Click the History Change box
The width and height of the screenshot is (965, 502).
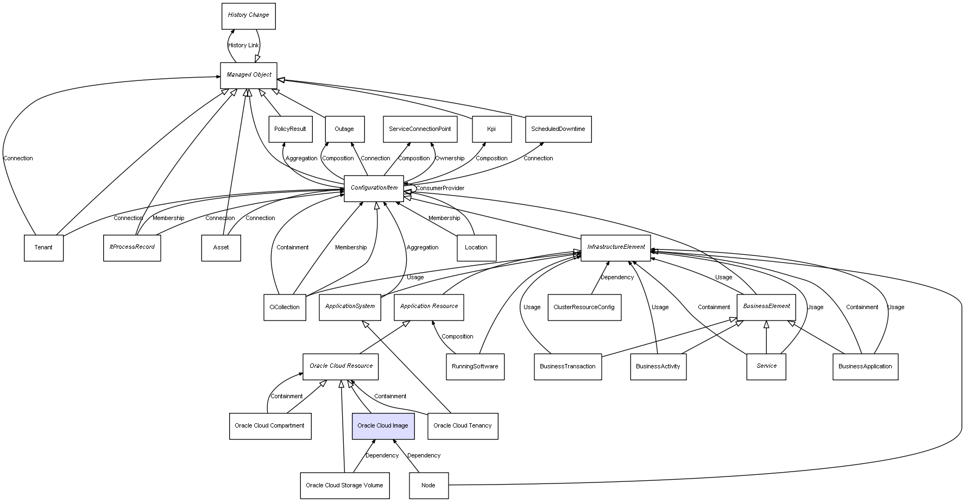(249, 16)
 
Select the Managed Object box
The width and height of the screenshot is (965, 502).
(249, 75)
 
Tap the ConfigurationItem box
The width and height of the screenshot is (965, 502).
(374, 188)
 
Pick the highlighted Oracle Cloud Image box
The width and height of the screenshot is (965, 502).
(383, 426)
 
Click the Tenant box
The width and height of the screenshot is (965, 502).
(43, 248)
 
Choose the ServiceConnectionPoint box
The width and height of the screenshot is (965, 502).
(420, 129)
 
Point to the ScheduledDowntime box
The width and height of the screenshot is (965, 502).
(558, 129)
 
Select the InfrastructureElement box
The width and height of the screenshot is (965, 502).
(616, 248)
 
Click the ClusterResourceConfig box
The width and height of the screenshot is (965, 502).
(584, 308)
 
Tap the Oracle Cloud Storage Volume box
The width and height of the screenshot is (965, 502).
(344, 486)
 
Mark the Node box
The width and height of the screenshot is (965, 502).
(428, 486)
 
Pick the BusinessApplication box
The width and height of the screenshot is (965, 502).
(865, 367)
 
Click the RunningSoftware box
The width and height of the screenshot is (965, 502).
(475, 367)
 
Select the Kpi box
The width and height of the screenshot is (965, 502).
(491, 129)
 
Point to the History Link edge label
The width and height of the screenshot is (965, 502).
(243, 46)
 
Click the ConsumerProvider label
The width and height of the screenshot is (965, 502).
(440, 189)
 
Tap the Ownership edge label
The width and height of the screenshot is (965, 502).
(450, 159)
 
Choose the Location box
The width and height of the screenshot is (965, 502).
(476, 248)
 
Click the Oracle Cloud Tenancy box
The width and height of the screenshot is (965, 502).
(463, 426)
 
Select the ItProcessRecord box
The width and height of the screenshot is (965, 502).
(132, 248)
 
